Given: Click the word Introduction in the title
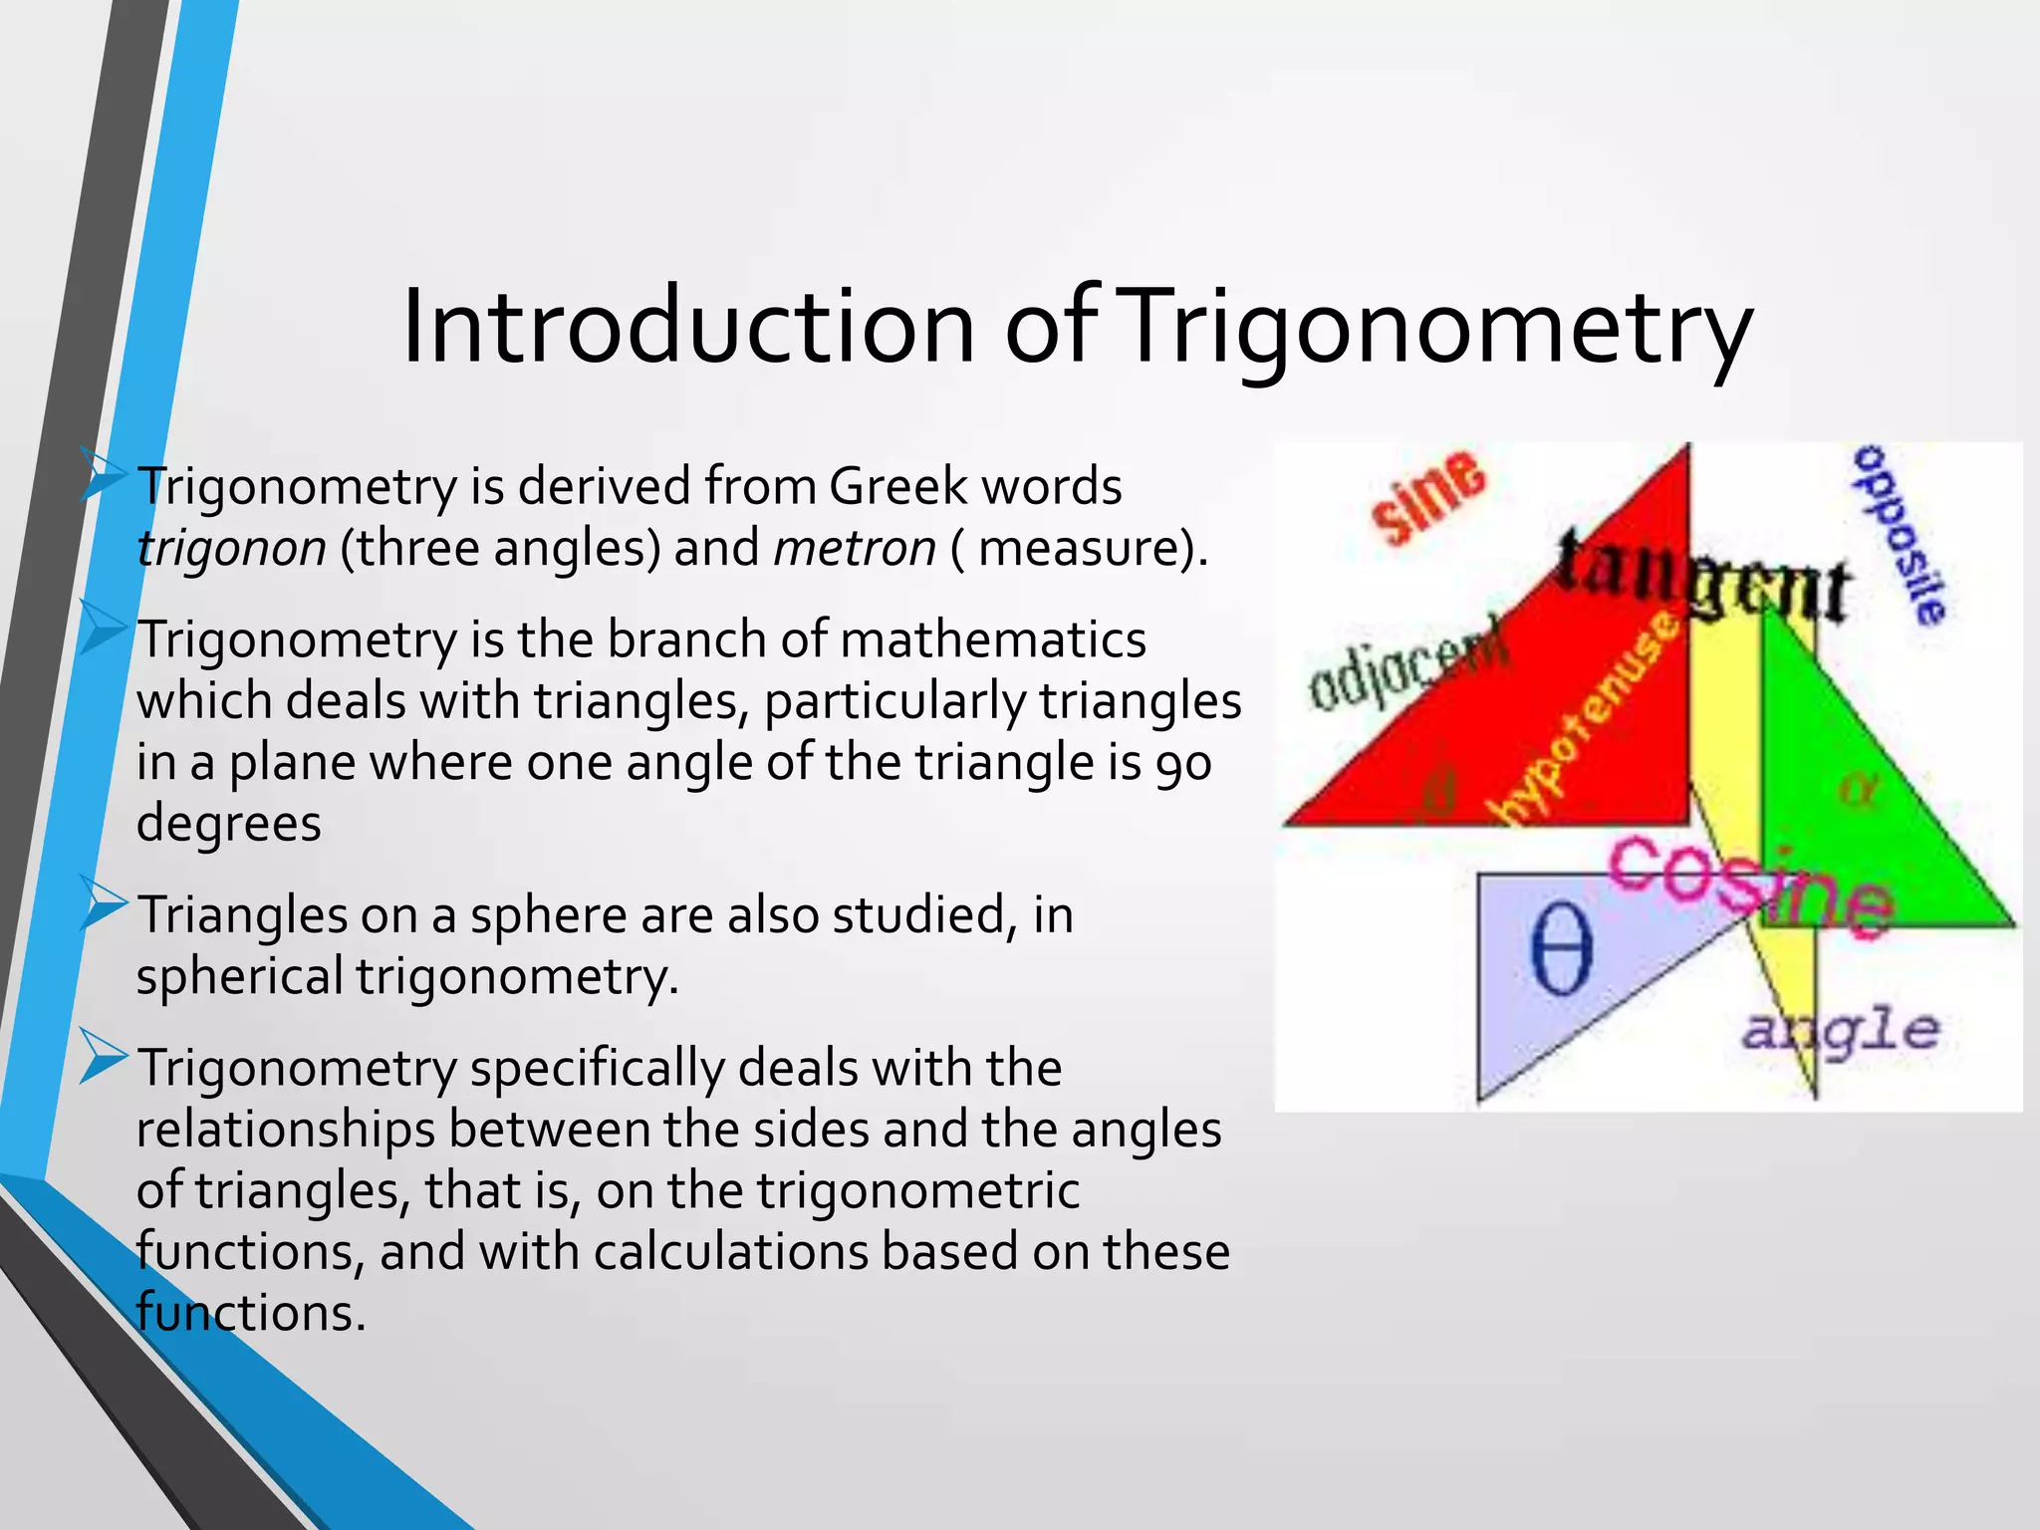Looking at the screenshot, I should (687, 327).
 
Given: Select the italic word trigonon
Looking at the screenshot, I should (231, 548).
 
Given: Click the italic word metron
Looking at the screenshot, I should (855, 548).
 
